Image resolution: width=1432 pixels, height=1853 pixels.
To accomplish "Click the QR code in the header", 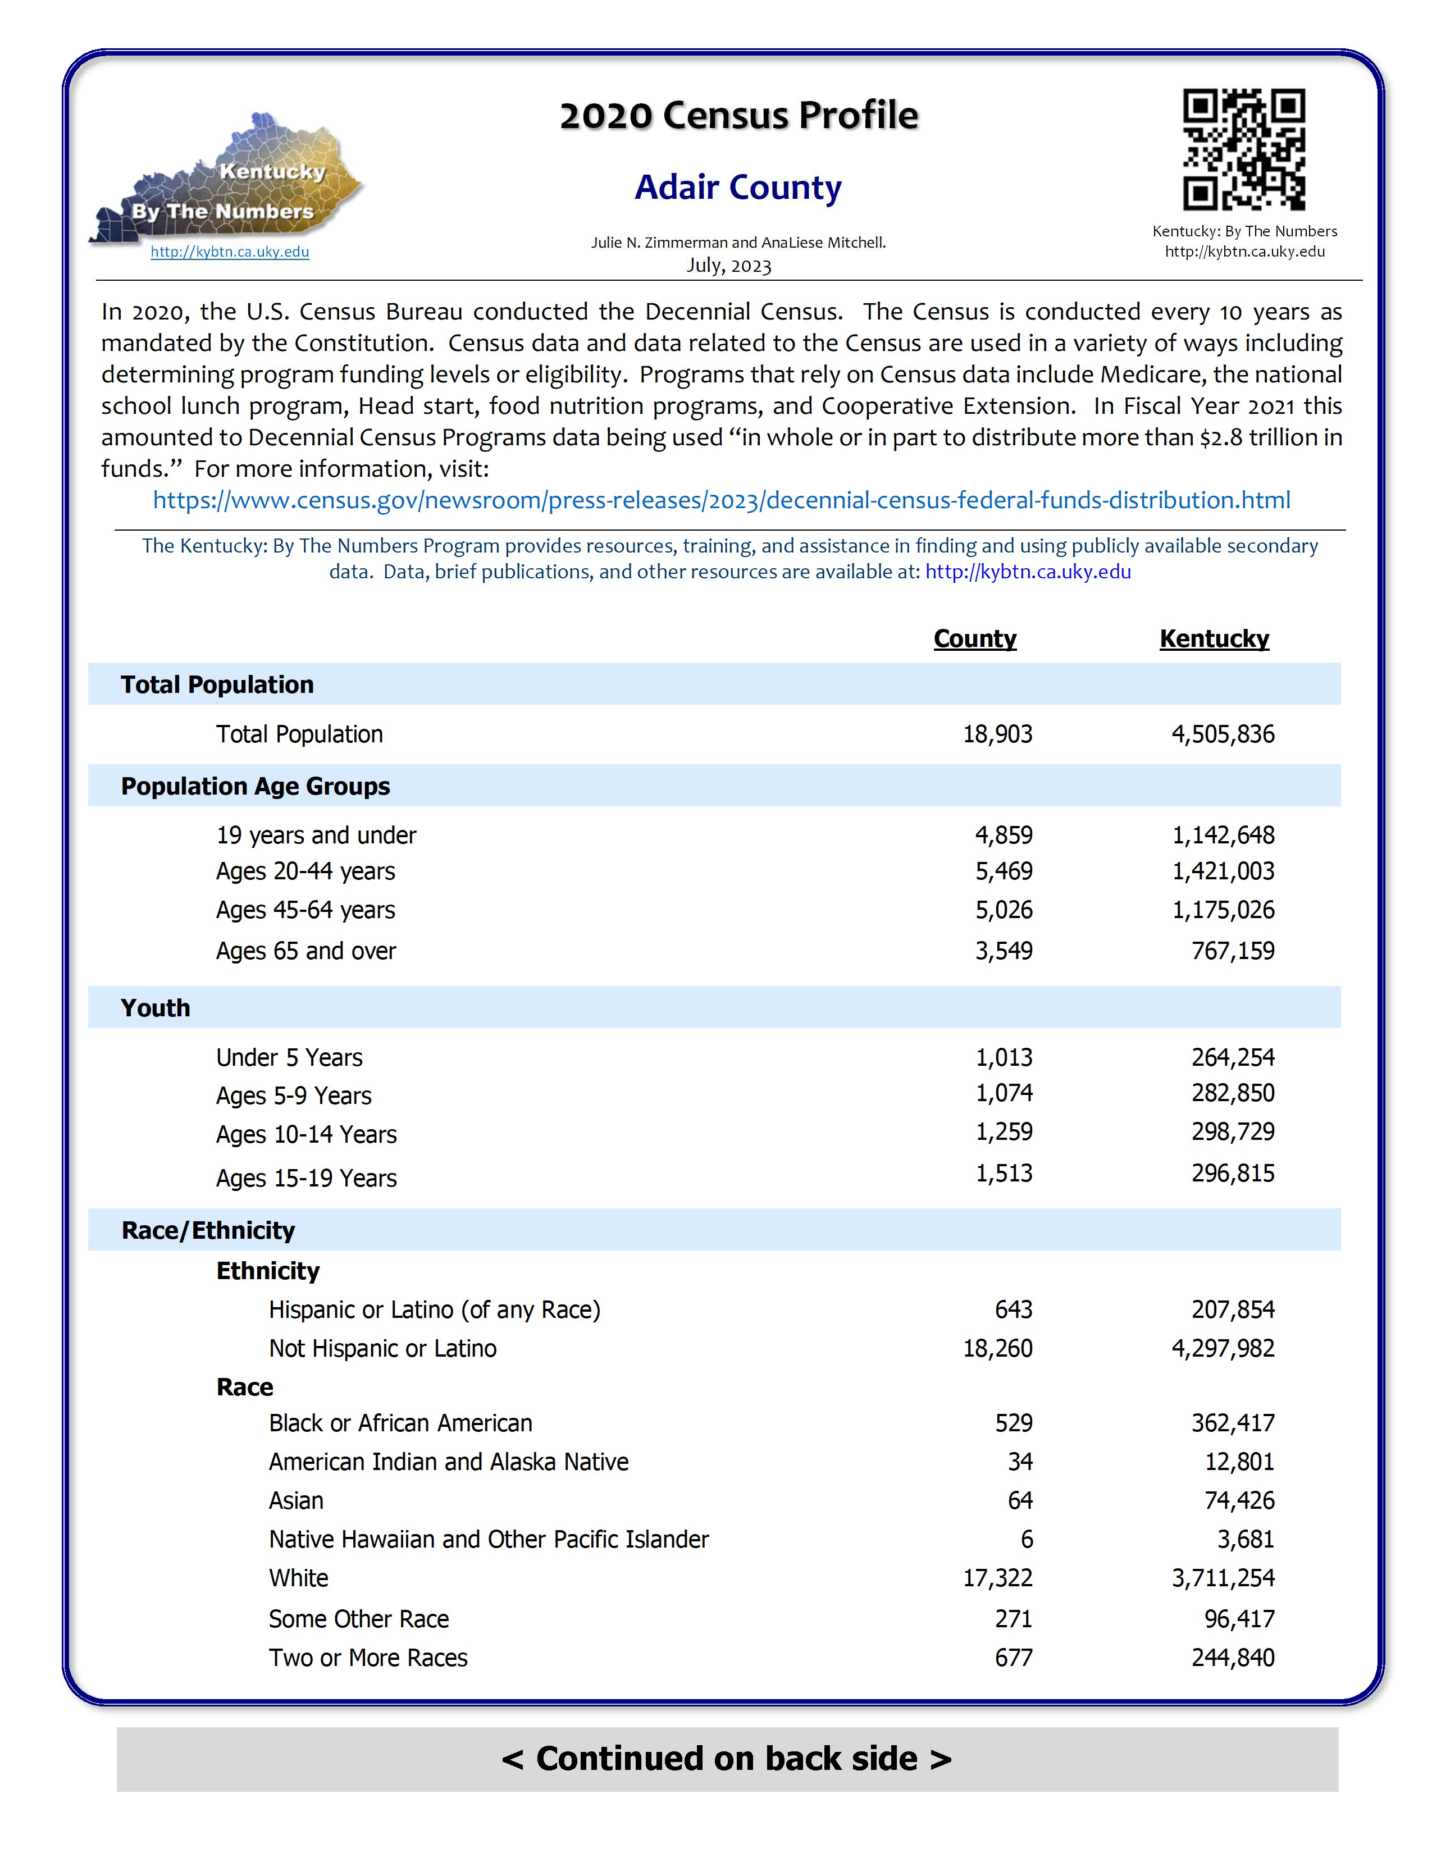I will point(1244,149).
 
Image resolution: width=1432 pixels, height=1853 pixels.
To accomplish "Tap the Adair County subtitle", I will point(738,188).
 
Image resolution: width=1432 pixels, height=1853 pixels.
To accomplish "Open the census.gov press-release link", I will point(721,500).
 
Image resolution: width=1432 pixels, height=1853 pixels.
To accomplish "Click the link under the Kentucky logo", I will point(230,252).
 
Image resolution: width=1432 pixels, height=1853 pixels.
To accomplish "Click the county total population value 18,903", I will point(998,734).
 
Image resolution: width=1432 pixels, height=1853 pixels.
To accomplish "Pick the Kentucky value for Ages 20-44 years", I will point(1223,871).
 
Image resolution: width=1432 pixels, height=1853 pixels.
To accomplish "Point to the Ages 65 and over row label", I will point(305,951).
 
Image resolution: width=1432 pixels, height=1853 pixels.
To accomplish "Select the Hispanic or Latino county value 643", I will point(1014,1310).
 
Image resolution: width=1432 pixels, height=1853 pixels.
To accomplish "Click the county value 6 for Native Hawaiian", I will point(1027,1539).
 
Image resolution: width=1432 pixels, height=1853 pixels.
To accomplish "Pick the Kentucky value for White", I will point(1223,1578).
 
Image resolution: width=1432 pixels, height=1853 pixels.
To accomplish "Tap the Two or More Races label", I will point(368,1658).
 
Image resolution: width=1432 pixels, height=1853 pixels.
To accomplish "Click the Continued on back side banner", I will point(727,1759).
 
